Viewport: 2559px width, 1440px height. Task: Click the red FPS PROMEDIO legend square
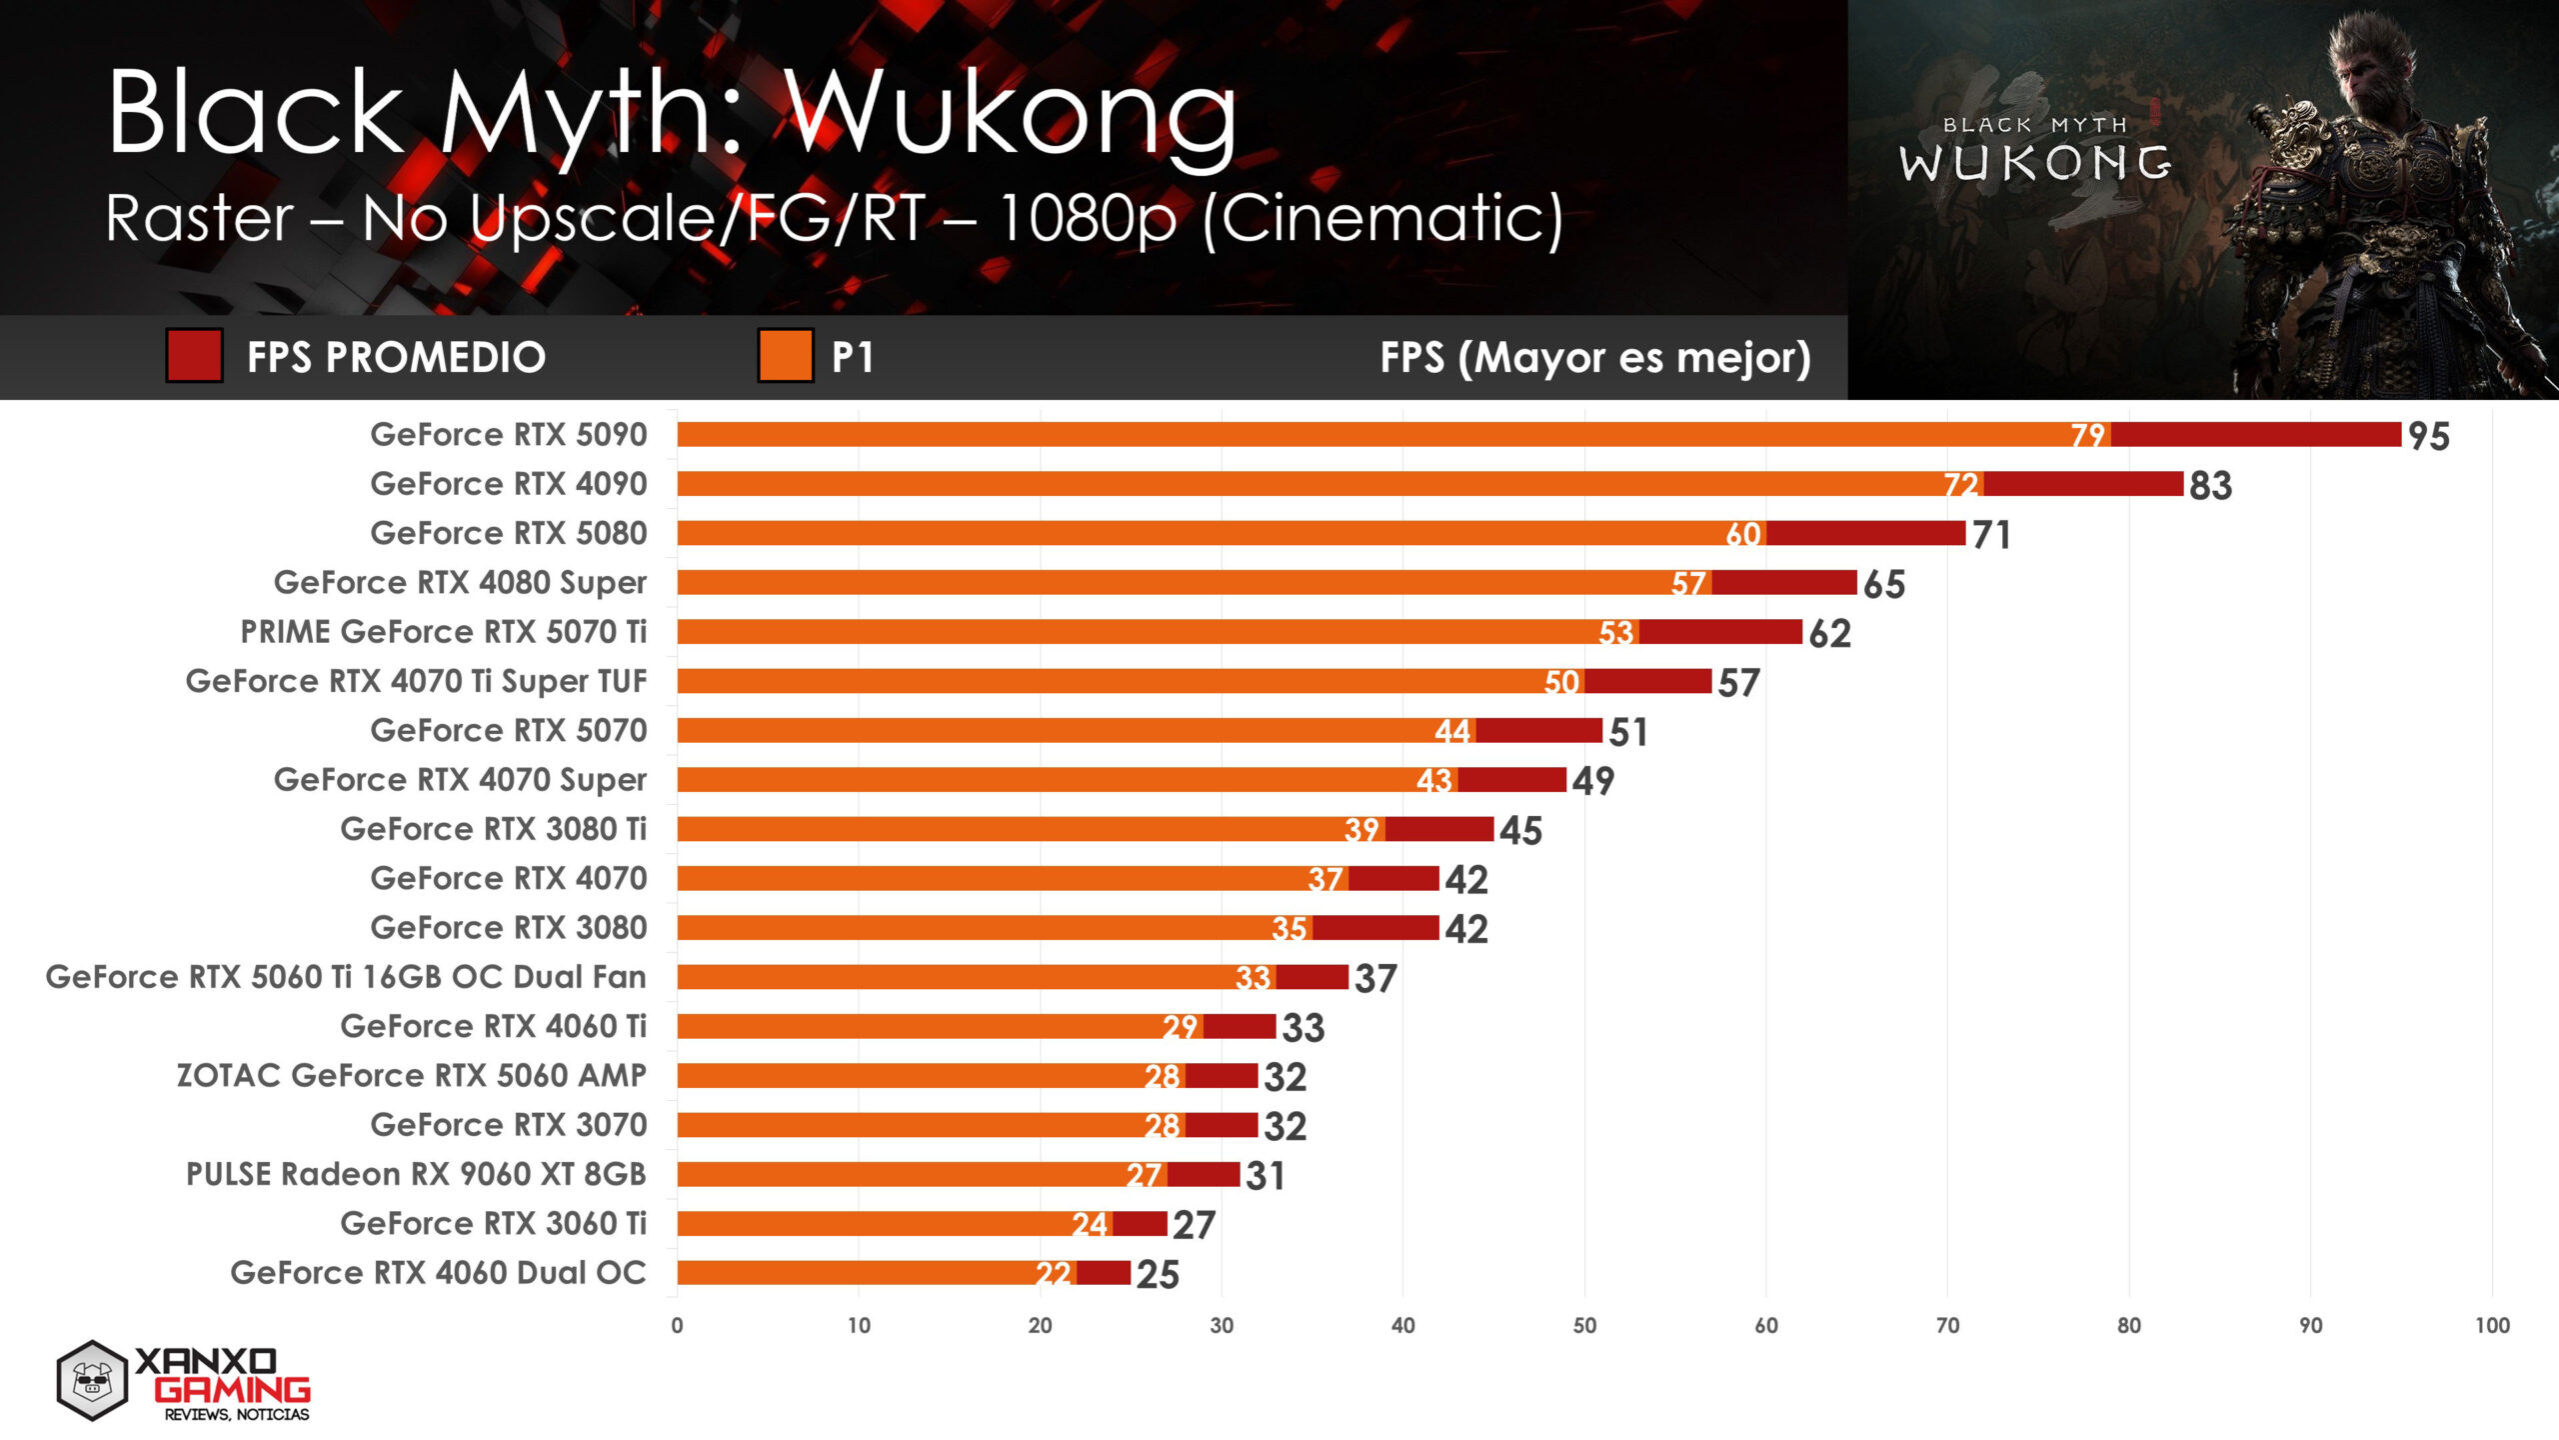pos(194,356)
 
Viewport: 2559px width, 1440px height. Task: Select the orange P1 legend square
pos(785,356)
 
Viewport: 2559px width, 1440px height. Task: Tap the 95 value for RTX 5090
pos(2428,436)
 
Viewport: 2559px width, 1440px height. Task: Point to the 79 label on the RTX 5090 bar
pos(2087,435)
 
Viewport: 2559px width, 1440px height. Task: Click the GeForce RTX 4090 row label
pos(508,484)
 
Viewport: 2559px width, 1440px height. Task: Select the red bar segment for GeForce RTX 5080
pos(1865,533)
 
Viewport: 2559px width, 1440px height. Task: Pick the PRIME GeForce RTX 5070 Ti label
pos(443,632)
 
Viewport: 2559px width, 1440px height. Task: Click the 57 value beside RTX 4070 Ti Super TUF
pos(1738,683)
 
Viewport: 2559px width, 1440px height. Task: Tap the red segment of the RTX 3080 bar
pos(1375,928)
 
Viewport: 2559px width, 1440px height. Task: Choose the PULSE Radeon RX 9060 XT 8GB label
pos(416,1174)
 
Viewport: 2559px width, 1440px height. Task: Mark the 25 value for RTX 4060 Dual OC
pos(1158,1275)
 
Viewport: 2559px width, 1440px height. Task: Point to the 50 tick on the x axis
pos(1584,1326)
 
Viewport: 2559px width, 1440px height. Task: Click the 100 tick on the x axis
pos(2492,1326)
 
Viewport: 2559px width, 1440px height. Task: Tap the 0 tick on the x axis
pos(677,1326)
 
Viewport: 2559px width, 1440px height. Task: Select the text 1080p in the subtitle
pos(1087,218)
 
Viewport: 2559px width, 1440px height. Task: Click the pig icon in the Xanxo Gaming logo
pos(92,1381)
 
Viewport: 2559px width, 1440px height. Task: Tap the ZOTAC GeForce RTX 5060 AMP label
pos(411,1076)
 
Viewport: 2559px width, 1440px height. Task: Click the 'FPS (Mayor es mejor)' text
pos(1594,357)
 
